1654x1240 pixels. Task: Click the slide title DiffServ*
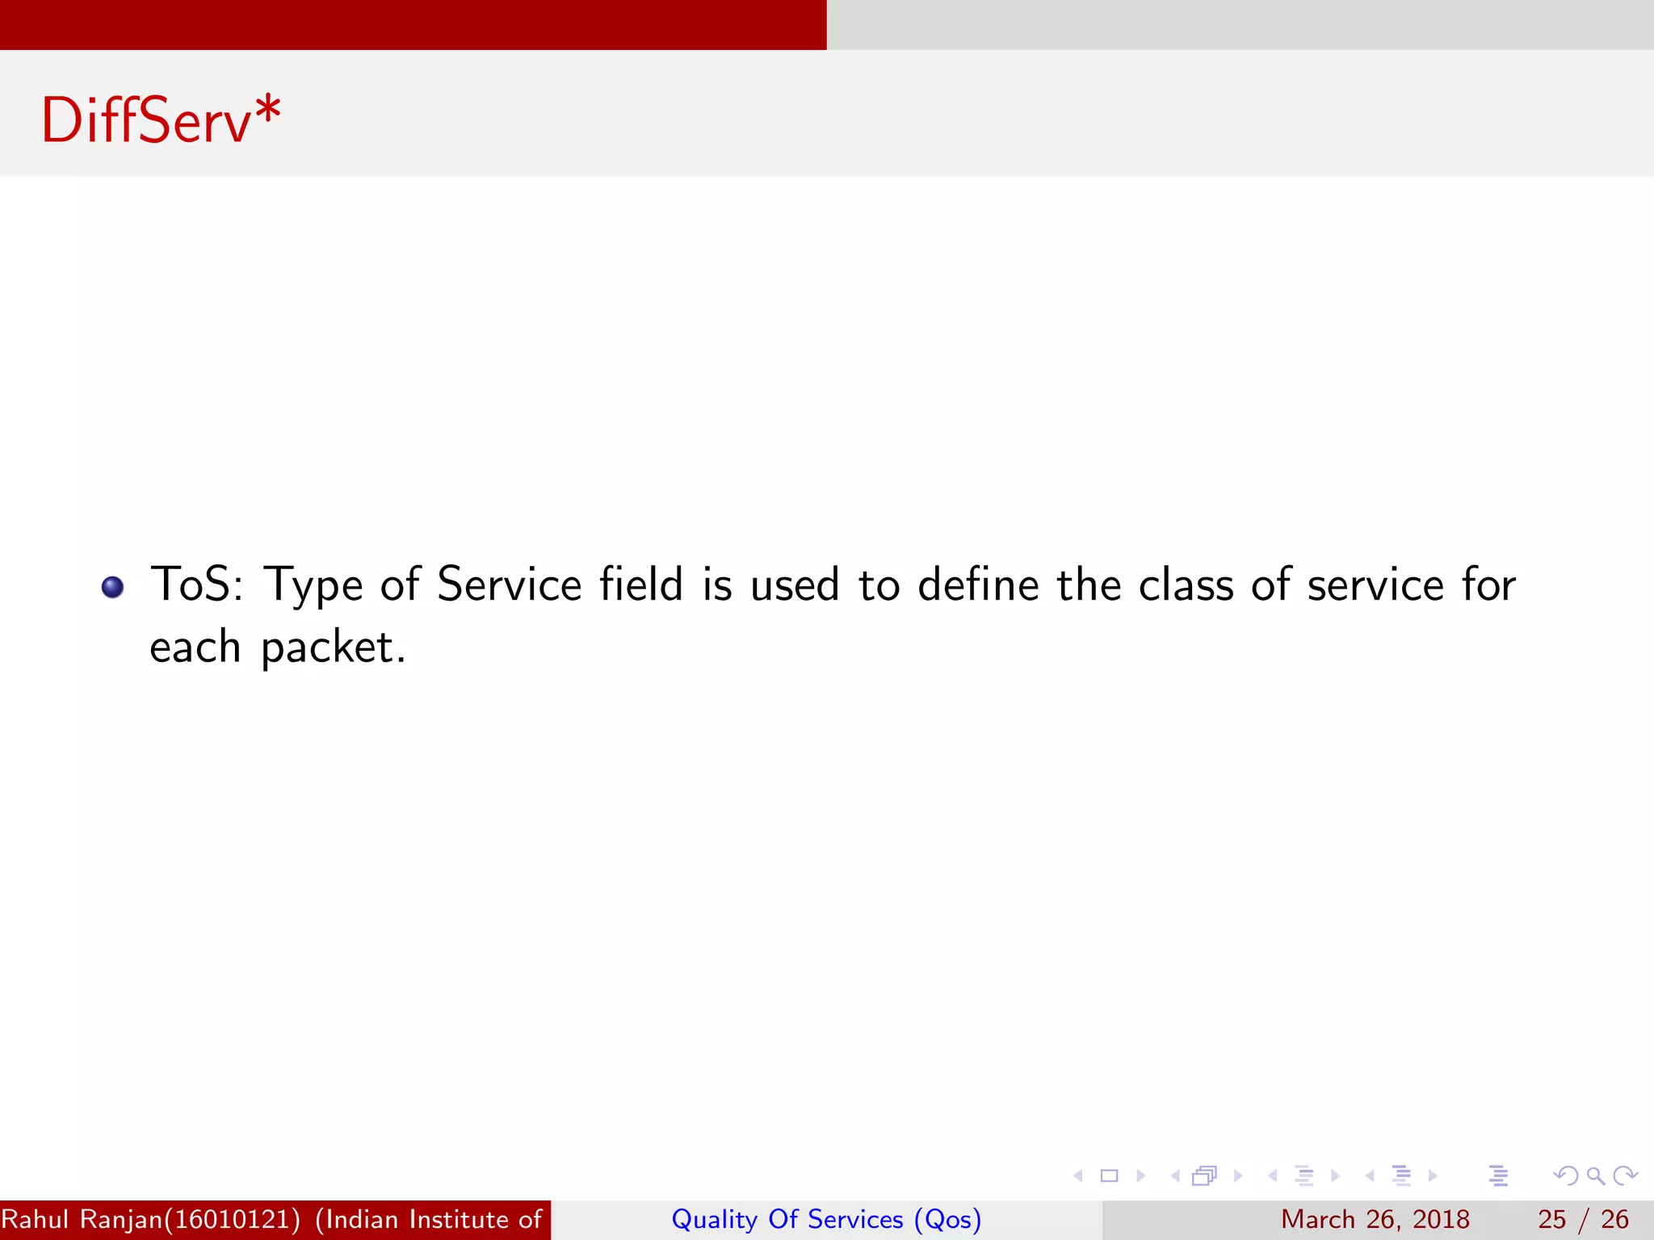(x=161, y=121)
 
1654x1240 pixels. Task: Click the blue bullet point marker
(x=113, y=587)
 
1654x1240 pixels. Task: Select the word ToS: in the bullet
(x=197, y=584)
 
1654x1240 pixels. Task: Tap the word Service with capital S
(x=509, y=584)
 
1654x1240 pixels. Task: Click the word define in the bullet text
(x=978, y=584)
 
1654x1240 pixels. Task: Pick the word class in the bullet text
(x=1186, y=584)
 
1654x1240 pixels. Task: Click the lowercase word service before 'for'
(x=1375, y=584)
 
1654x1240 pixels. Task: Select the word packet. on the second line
(x=333, y=648)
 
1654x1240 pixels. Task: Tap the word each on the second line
(x=195, y=647)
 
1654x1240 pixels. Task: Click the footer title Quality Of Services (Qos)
(x=826, y=1220)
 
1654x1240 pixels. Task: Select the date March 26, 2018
(x=1375, y=1220)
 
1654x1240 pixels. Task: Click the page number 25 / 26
(x=1583, y=1220)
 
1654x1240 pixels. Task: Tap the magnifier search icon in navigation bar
(x=1595, y=1176)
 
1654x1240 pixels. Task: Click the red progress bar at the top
(x=413, y=24)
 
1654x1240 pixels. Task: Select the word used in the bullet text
(x=795, y=584)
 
